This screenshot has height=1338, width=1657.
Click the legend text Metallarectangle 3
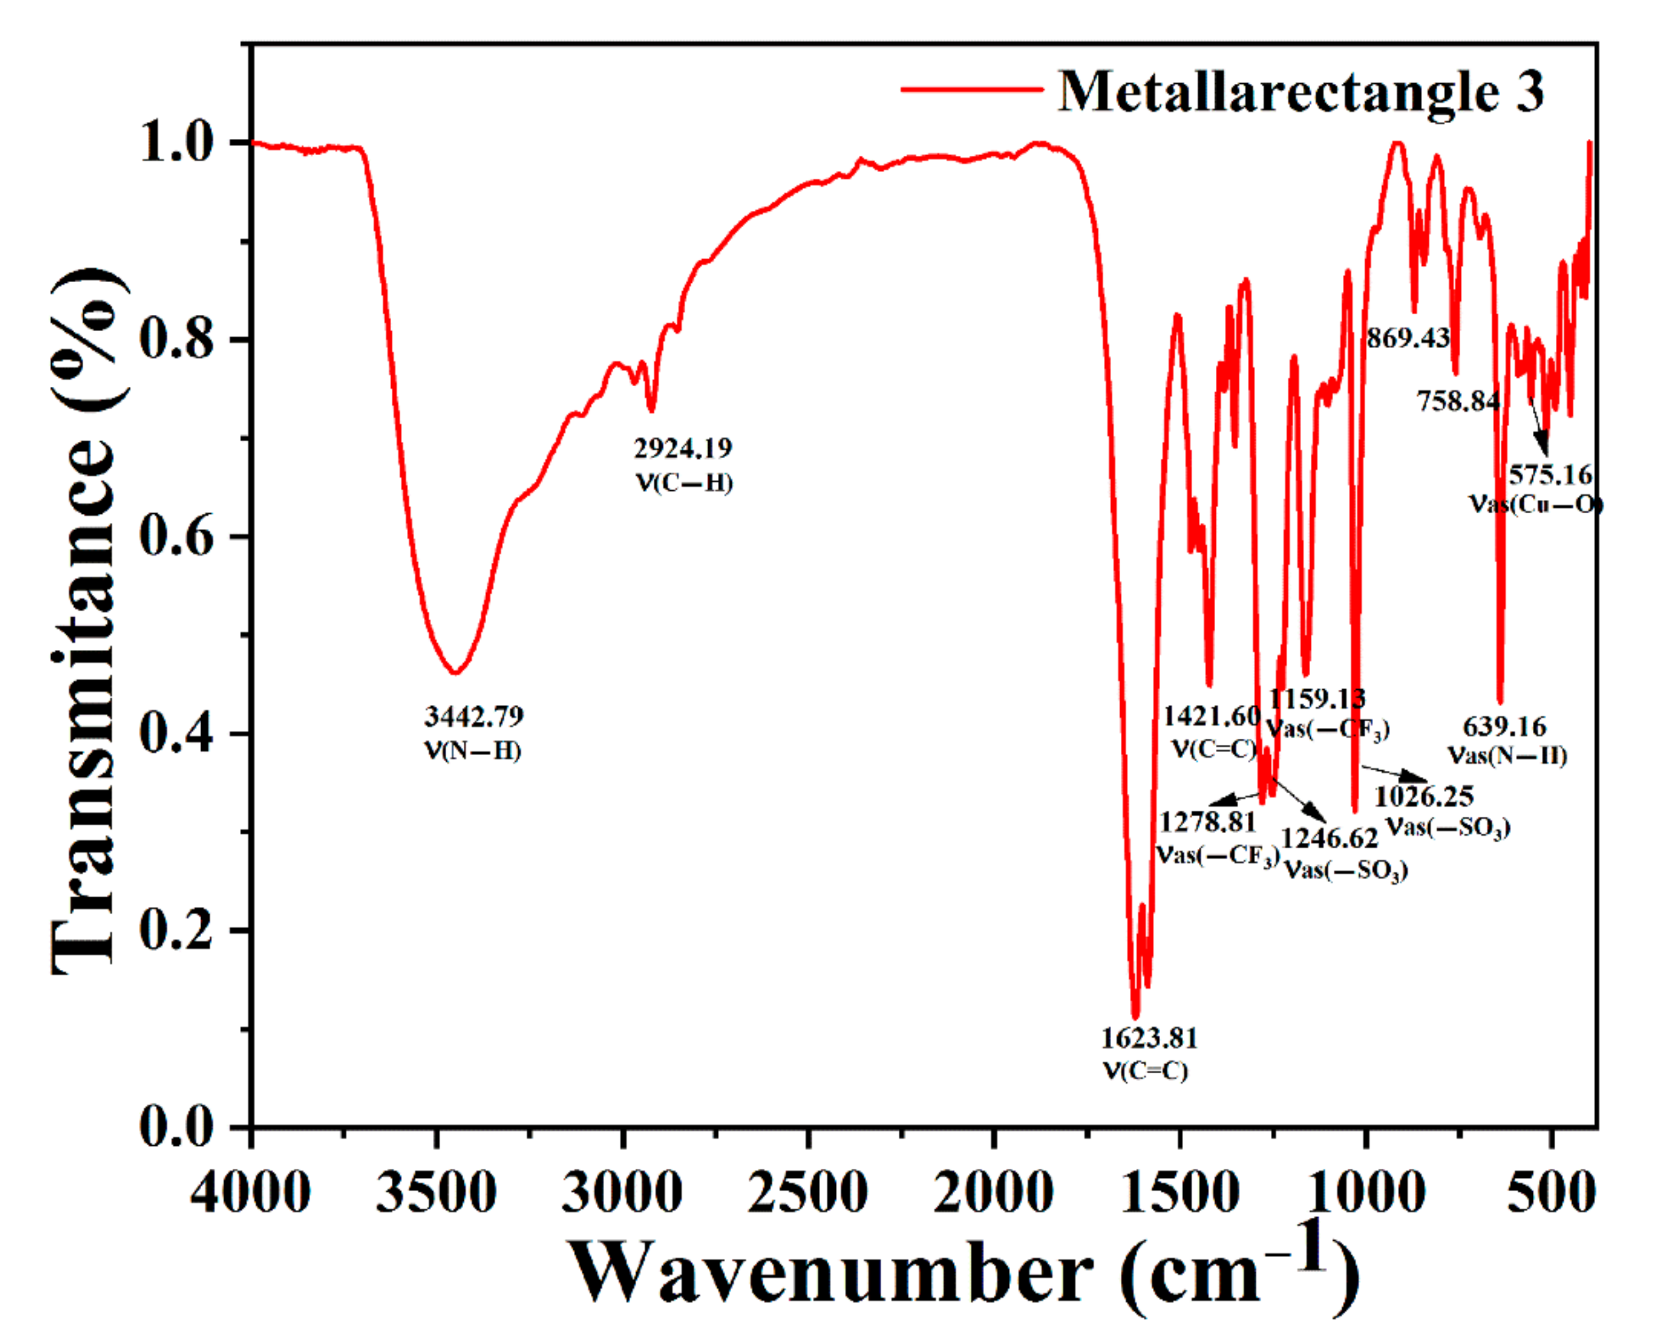click(1301, 92)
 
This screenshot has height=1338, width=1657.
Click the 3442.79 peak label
click(473, 717)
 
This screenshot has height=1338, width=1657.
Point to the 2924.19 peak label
click(683, 448)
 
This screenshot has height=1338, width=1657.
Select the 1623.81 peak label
click(1149, 1038)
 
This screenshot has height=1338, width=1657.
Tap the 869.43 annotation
click(1408, 337)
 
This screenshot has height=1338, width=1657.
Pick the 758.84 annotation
click(1458, 401)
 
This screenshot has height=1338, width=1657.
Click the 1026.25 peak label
click(1424, 796)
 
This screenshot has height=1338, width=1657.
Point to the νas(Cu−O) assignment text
click(1535, 504)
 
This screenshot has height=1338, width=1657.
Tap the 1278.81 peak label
click(1208, 822)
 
